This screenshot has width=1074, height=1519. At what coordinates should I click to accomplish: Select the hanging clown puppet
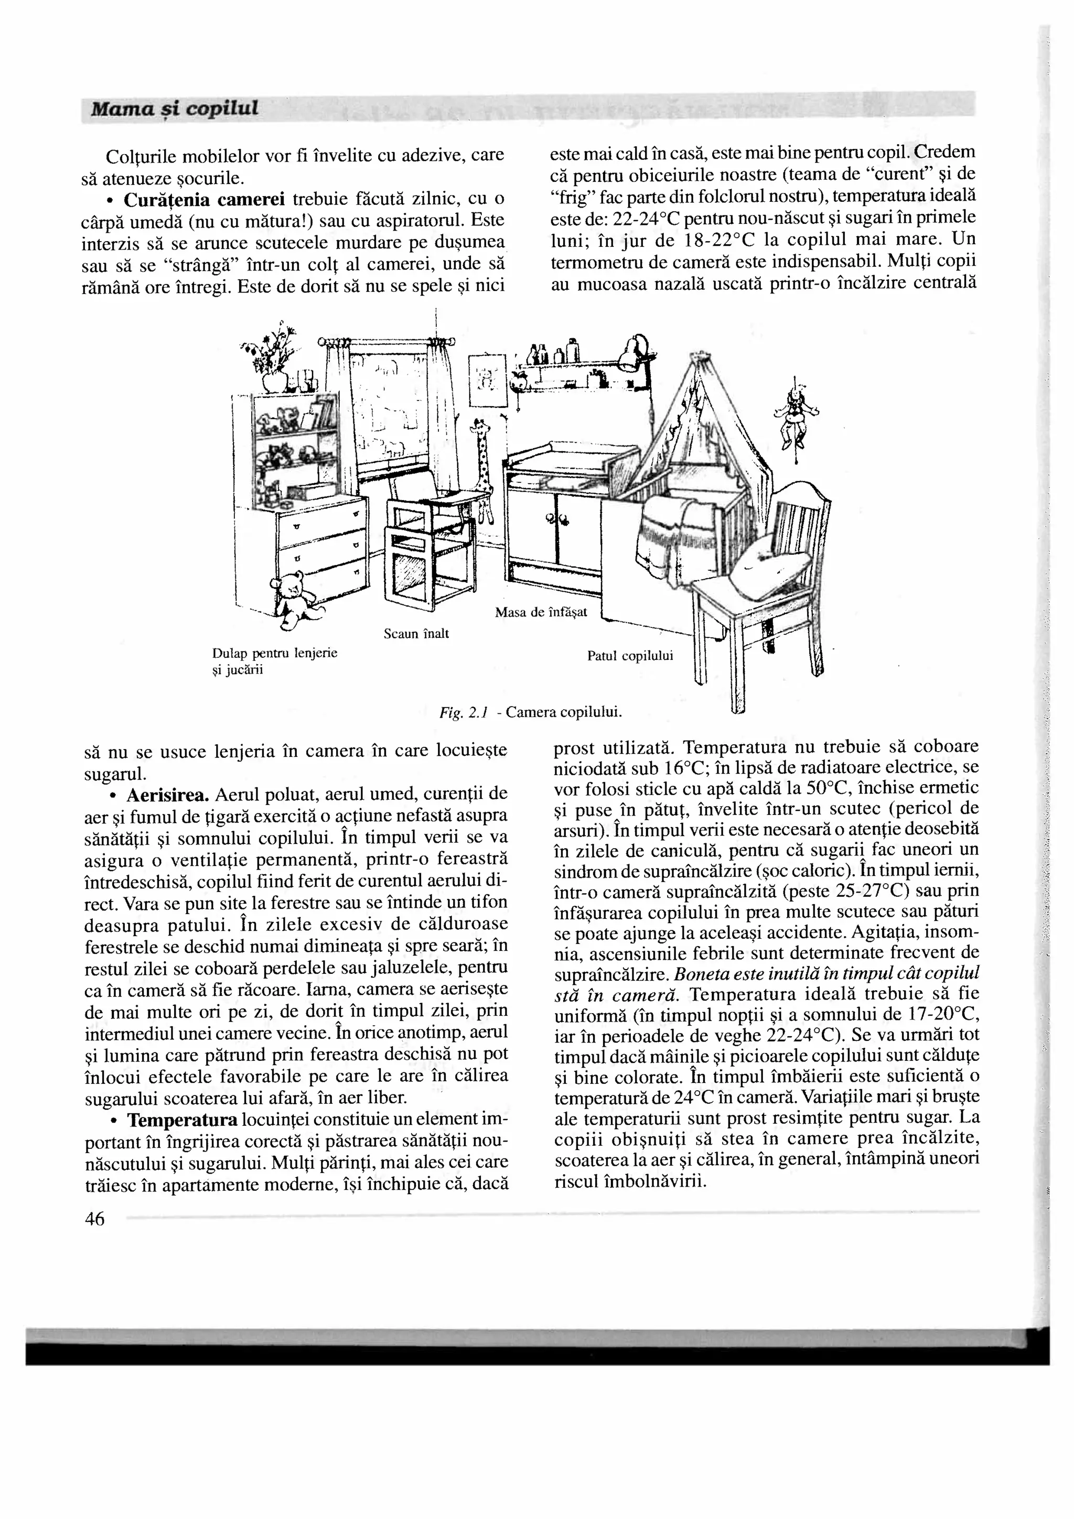point(794,415)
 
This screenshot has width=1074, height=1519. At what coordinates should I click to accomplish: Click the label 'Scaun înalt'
point(416,634)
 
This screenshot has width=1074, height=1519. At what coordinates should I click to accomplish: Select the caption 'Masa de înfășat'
point(541,612)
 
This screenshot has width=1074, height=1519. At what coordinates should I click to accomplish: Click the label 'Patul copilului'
point(629,656)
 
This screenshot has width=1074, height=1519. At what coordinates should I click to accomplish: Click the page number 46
point(94,1219)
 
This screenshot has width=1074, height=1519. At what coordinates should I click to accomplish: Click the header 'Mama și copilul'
point(174,108)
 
